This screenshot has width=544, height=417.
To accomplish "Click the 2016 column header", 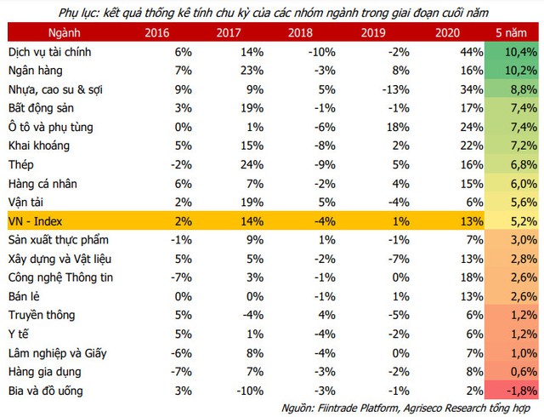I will pyautogui.click(x=157, y=32).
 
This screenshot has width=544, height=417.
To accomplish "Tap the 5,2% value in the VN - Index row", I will pyautogui.click(x=521, y=220).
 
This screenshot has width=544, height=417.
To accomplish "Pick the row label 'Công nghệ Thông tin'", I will pyautogui.click(x=61, y=277).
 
